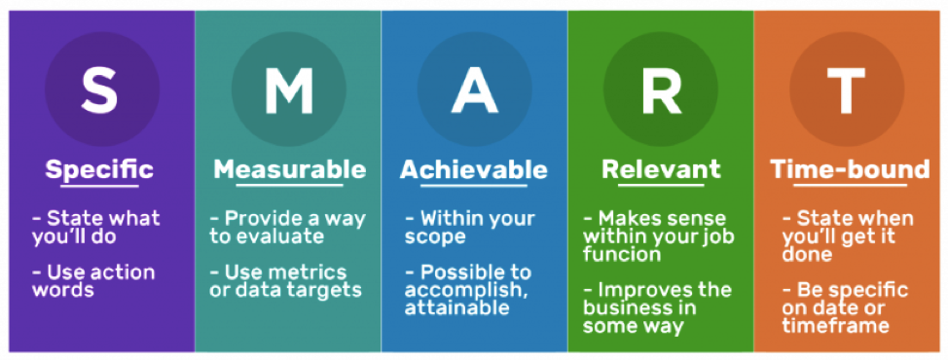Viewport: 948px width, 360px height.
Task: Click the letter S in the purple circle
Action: tap(99, 90)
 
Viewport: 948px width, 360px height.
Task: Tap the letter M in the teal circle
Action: tap(289, 90)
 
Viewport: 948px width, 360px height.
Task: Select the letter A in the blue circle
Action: tap(473, 90)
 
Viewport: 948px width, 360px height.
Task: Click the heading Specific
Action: tap(99, 169)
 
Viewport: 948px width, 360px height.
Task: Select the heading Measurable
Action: tap(289, 169)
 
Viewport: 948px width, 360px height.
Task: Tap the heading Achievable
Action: tap(473, 169)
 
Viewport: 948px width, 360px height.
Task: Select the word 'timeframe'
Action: tap(836, 326)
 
